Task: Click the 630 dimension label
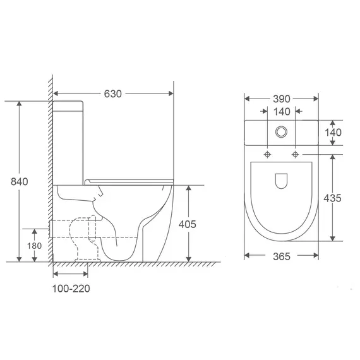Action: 112,93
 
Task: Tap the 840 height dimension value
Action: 20,182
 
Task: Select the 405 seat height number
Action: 188,224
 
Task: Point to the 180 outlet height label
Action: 35,246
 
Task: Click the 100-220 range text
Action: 71,289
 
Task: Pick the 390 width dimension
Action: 282,99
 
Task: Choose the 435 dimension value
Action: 332,198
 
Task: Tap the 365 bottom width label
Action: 282,256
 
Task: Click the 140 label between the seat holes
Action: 282,112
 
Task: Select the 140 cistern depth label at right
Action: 333,133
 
